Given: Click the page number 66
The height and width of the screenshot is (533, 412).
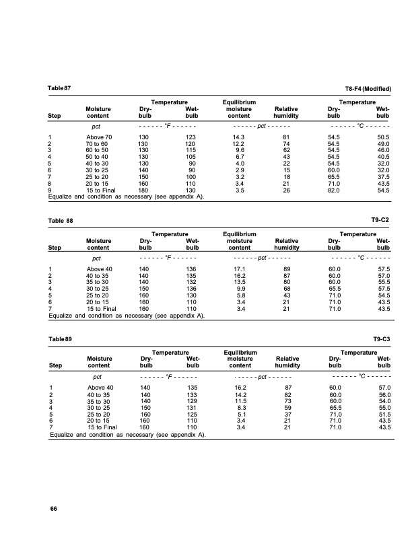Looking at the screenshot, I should pos(53,508).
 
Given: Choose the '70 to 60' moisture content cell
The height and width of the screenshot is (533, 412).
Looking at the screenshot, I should pos(100,144).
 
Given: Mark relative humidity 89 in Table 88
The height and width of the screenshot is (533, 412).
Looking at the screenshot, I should pos(287,269).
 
